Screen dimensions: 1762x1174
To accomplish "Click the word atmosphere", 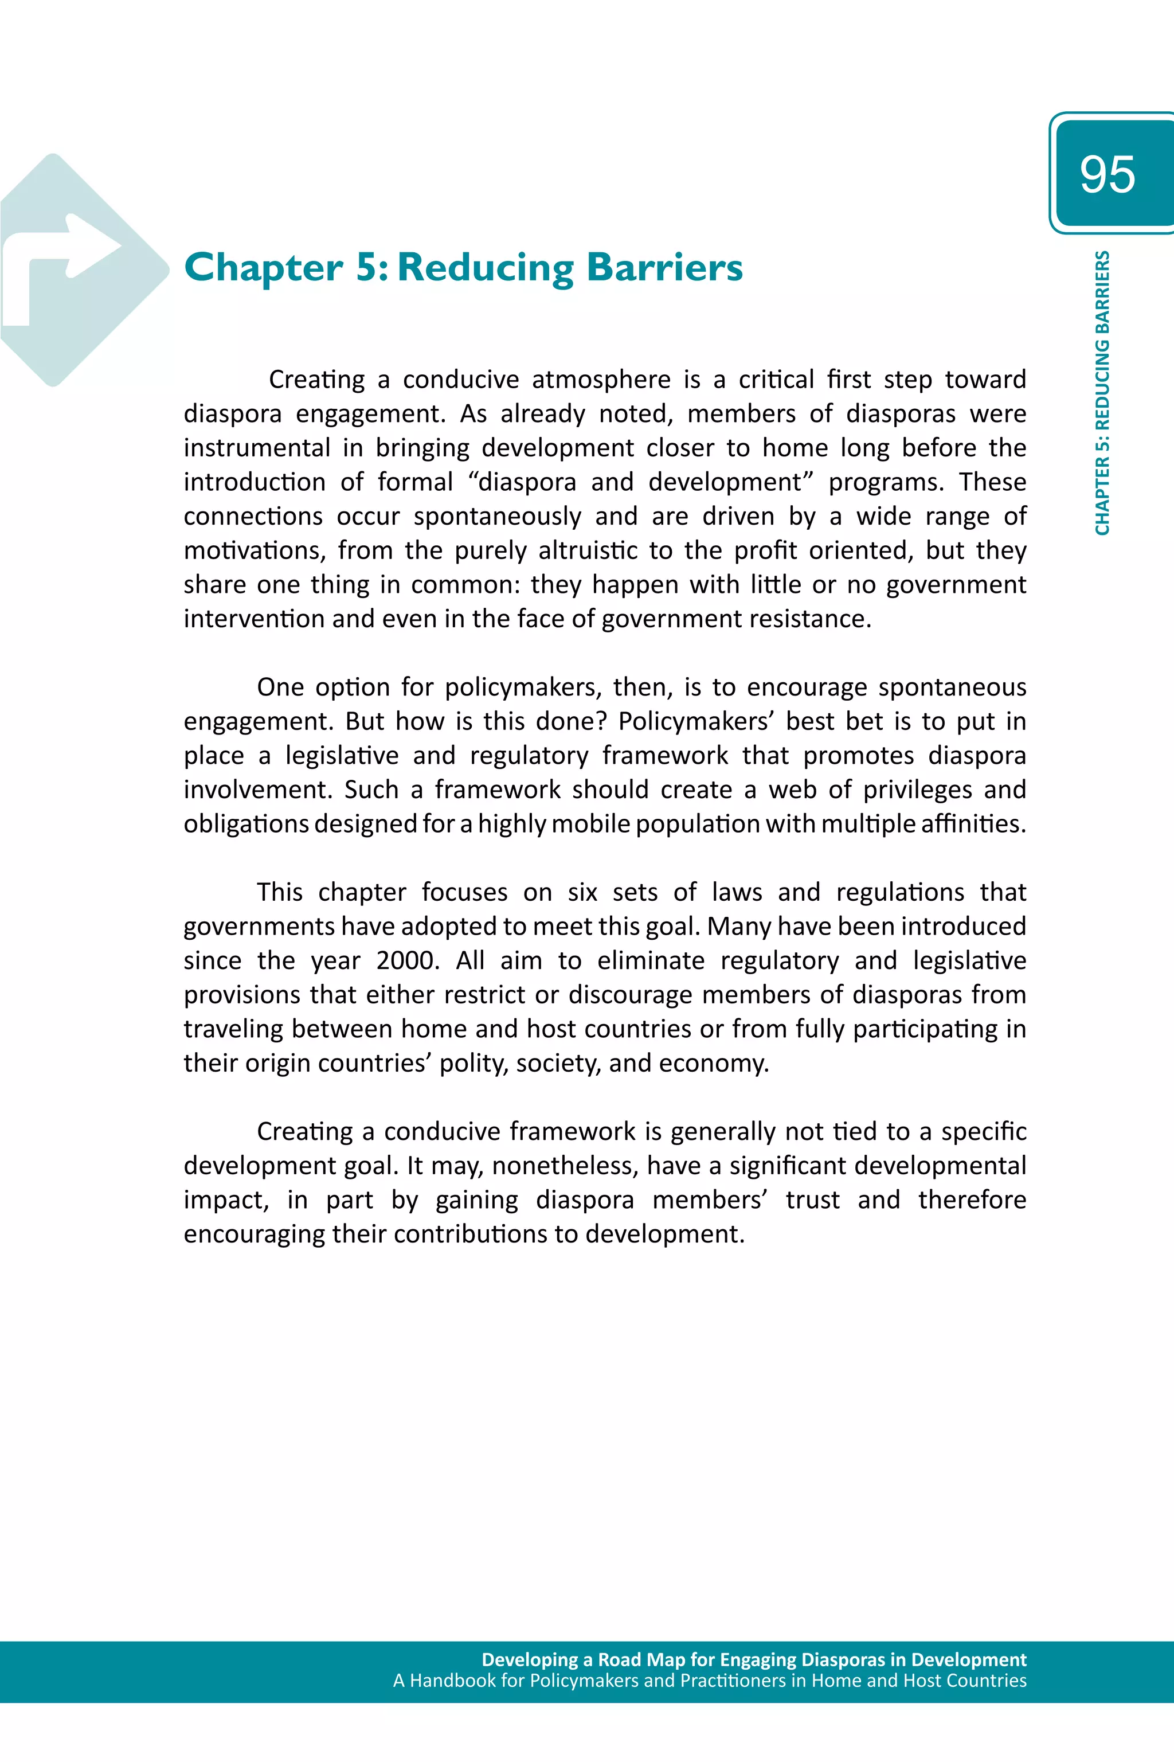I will pyautogui.click(x=601, y=380).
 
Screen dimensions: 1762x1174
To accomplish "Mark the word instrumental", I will pyautogui.click(x=257, y=448).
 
